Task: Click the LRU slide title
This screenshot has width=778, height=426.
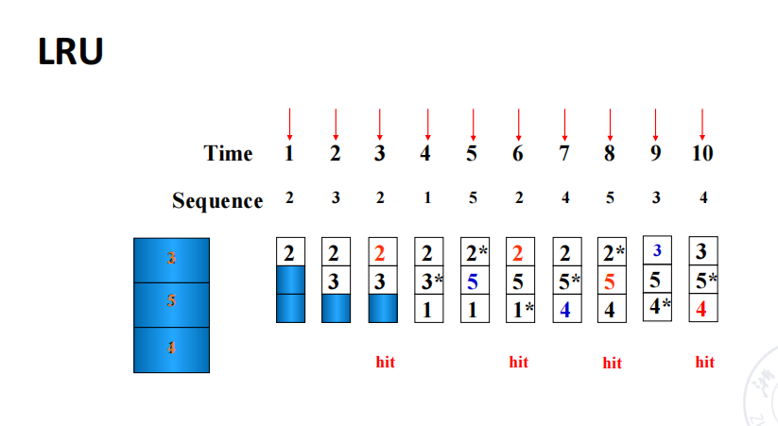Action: click(x=70, y=51)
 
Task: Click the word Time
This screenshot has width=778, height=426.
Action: click(x=228, y=154)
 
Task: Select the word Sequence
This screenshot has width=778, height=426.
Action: click(x=217, y=201)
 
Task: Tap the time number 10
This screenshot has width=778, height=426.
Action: click(x=701, y=154)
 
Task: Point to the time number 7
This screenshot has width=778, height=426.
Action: click(x=564, y=154)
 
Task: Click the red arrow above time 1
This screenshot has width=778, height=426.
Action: click(x=290, y=124)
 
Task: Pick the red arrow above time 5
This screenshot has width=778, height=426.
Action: click(x=473, y=124)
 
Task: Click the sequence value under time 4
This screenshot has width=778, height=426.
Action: click(x=427, y=198)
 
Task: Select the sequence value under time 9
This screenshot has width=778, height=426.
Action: click(x=655, y=198)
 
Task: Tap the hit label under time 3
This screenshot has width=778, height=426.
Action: click(x=385, y=362)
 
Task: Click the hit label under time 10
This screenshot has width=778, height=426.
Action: click(x=704, y=362)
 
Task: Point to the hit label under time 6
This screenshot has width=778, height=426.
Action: click(x=518, y=362)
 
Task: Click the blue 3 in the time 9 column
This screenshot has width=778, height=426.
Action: click(x=657, y=250)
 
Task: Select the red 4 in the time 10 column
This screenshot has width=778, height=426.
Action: click(x=702, y=308)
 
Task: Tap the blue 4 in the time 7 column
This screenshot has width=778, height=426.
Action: click(x=564, y=308)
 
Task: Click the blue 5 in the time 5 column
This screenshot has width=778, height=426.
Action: click(x=473, y=281)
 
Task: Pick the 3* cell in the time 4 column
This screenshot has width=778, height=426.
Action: click(x=430, y=281)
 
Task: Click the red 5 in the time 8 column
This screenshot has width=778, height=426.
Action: click(x=611, y=281)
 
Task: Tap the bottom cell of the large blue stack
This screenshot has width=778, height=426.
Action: click(x=171, y=349)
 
